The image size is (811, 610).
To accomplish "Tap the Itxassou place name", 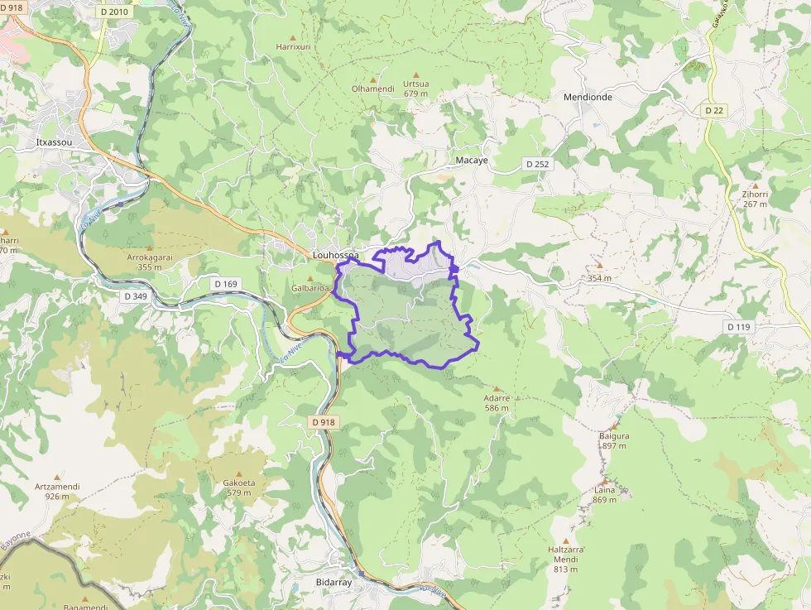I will [55, 142].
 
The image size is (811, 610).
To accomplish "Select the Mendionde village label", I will [588, 97].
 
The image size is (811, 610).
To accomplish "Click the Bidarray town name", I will [334, 583].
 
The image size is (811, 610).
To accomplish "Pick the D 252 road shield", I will [537, 164].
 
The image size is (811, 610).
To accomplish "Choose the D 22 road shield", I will [714, 110].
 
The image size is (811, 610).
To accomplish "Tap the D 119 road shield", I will [738, 327].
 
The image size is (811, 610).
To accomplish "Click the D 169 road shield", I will [225, 284].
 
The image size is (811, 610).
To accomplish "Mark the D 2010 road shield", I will [113, 12].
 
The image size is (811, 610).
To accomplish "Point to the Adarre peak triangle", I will [497, 388].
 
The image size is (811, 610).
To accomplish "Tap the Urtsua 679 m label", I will [415, 88].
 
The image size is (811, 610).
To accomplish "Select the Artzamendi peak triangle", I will [57, 478].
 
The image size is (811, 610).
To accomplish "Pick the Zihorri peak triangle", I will [756, 185].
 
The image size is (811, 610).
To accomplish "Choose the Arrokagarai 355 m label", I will [150, 262].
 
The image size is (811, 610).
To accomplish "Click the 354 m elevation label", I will [599, 278].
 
